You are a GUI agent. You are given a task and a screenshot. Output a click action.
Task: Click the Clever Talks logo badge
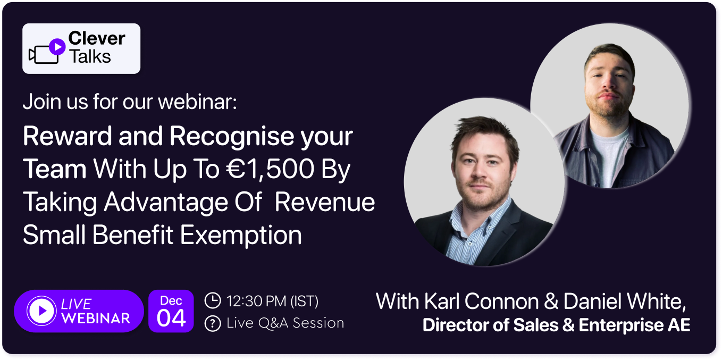81,48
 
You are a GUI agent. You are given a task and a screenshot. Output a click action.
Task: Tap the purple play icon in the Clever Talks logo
57,47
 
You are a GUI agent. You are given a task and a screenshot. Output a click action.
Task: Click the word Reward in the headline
67,136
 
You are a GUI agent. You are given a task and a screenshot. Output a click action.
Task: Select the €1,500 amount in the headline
270,169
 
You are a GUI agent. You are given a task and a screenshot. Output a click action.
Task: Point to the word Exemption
241,235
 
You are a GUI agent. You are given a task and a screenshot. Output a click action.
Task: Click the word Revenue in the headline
325,202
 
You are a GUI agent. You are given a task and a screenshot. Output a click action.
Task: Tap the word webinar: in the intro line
198,102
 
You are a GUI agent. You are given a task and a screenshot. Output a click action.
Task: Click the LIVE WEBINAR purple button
79,311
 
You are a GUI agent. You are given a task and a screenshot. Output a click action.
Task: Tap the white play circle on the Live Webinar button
41,311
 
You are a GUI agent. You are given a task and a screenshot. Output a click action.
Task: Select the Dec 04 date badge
171,311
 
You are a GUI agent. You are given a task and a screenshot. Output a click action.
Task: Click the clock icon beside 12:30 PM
213,300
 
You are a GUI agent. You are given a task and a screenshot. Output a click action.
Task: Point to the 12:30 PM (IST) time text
272,301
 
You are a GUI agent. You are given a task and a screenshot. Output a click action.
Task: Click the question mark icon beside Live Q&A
213,323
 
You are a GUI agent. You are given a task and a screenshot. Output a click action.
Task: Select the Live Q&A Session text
286,323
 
